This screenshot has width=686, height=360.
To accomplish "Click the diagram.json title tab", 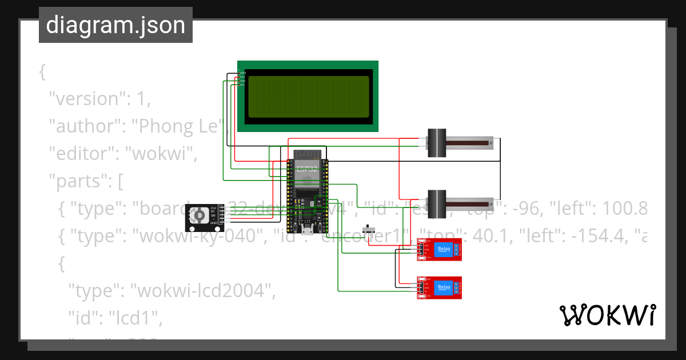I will click(x=115, y=26).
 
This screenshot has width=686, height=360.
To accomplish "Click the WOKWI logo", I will click(x=607, y=315).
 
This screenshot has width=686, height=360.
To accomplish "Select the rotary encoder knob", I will click(x=198, y=215).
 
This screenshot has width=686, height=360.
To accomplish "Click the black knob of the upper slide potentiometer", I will click(x=437, y=143).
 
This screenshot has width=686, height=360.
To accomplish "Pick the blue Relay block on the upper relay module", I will click(x=444, y=249).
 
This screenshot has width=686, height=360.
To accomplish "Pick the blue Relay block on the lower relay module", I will click(x=444, y=287).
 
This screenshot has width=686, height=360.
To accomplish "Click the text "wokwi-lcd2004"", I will click(x=202, y=291).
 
